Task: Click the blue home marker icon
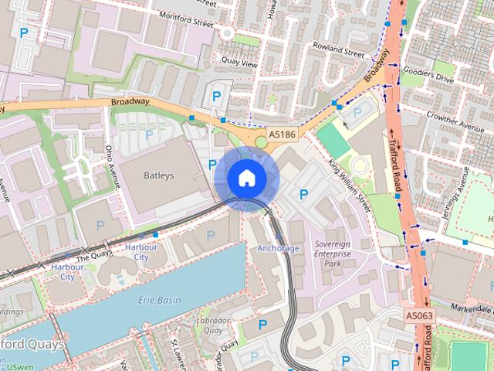246,178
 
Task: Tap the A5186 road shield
282,135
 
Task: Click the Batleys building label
159,175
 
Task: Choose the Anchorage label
278,248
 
